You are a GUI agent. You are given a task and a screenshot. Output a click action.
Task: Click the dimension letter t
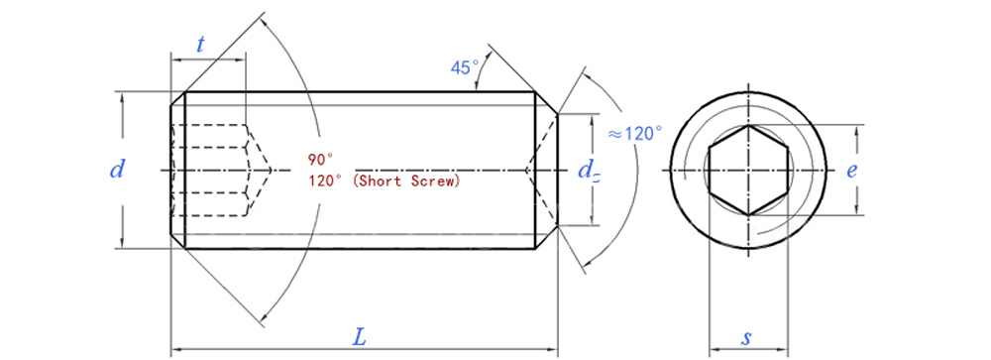coord(201,45)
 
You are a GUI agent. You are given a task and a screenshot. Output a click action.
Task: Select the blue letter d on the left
coord(117,170)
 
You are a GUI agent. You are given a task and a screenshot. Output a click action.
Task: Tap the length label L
coord(359,336)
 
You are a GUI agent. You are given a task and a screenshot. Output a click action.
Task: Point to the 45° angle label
coord(465,67)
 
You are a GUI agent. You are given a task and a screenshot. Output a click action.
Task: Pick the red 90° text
coord(321,158)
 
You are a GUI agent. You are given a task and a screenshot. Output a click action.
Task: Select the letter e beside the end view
coord(852,171)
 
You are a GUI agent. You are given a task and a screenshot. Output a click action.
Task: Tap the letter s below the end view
coord(747,338)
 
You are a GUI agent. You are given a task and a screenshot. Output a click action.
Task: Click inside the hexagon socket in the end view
coord(748,171)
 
